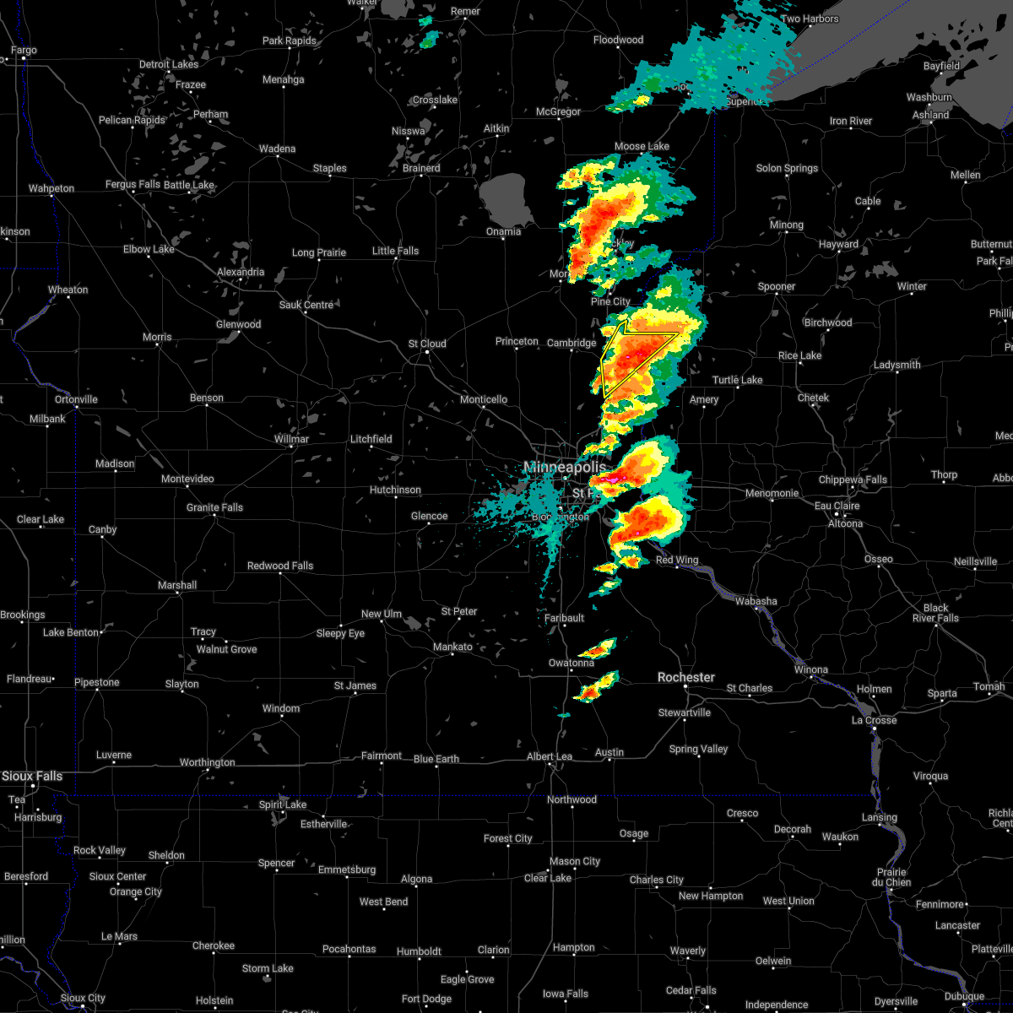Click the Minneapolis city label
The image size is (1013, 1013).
click(x=564, y=467)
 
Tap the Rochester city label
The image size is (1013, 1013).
click(x=686, y=677)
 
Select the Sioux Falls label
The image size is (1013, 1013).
click(x=31, y=776)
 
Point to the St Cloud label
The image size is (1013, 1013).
click(x=427, y=344)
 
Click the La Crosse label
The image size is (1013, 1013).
click(x=874, y=720)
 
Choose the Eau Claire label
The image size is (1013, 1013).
click(x=836, y=506)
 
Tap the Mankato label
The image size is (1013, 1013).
click(x=452, y=647)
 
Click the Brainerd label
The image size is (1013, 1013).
click(x=421, y=168)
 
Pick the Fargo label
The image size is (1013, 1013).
click(x=24, y=51)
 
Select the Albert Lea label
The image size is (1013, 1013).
click(x=550, y=756)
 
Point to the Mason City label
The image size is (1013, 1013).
click(x=575, y=861)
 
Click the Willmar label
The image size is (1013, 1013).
click(x=291, y=439)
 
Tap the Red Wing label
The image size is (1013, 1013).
click(x=677, y=560)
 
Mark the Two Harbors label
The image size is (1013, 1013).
click(x=810, y=19)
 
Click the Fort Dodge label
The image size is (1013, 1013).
click(x=427, y=999)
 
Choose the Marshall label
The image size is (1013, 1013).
click(x=177, y=585)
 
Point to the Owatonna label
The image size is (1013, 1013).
click(x=572, y=663)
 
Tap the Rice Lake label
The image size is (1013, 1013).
click(x=799, y=355)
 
